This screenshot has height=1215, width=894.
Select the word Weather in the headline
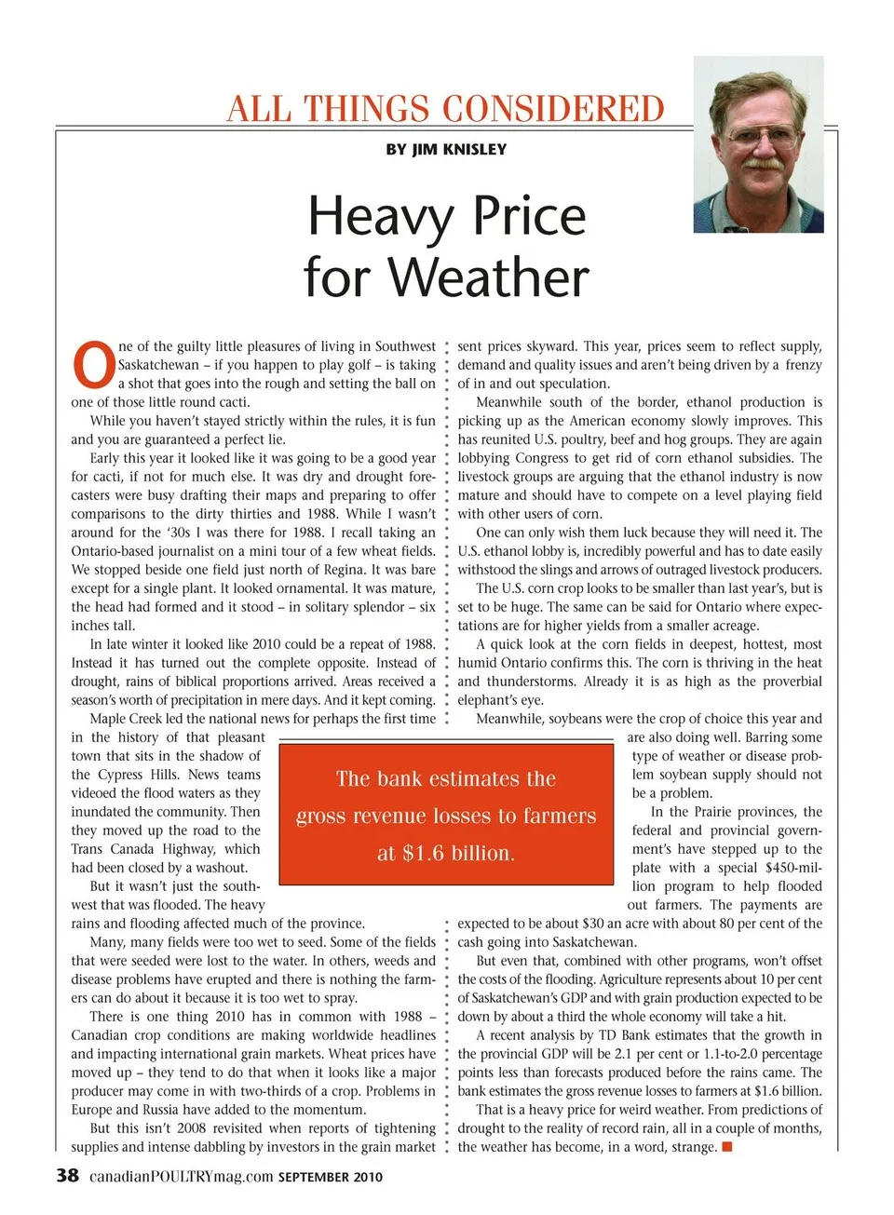pos(488,277)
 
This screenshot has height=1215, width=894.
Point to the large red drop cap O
pos(93,366)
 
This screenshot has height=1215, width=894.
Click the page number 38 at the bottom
pos(67,1175)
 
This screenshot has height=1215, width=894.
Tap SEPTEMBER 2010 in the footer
pos(330,1177)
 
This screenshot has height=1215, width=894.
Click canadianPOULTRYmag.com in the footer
pos(181,1177)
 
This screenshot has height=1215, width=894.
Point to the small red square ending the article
pos(727,1146)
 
